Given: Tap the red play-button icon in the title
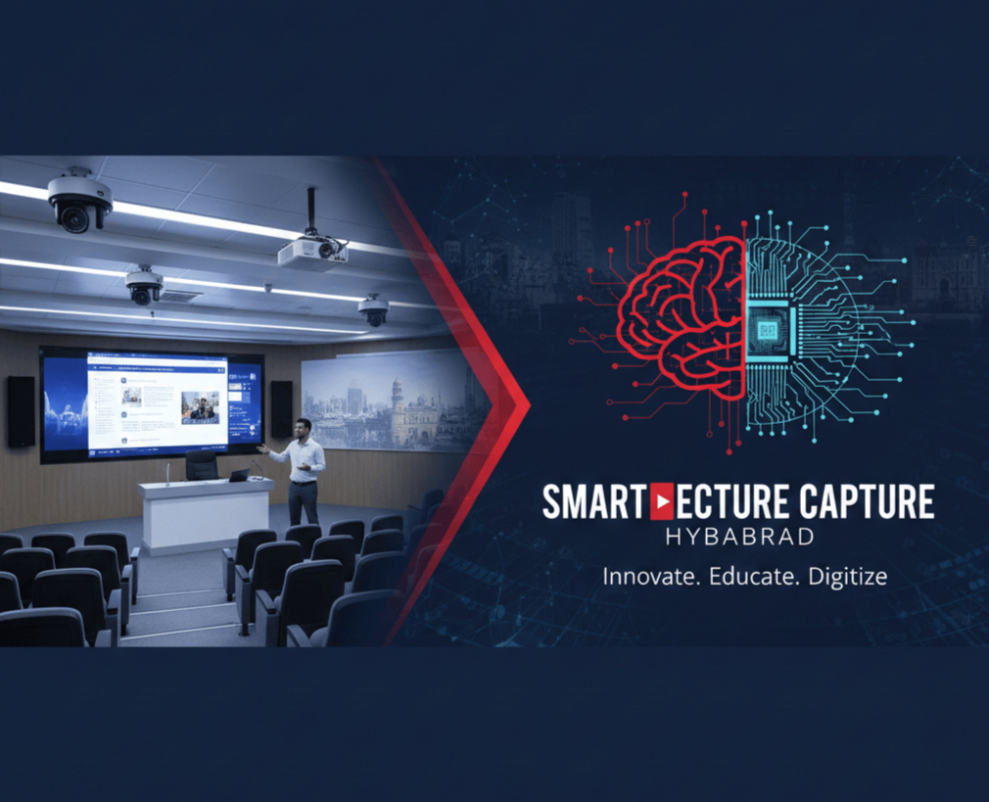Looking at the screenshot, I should (663, 502).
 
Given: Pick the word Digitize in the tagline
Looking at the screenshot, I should (848, 577).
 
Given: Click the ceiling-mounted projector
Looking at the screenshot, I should (313, 252).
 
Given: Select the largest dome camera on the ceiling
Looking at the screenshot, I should (78, 202).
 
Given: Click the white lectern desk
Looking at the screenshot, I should (207, 514).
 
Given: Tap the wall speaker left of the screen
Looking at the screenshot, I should (21, 411).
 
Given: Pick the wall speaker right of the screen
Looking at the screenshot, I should (281, 409).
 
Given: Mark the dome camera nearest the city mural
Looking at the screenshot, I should (373, 310).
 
